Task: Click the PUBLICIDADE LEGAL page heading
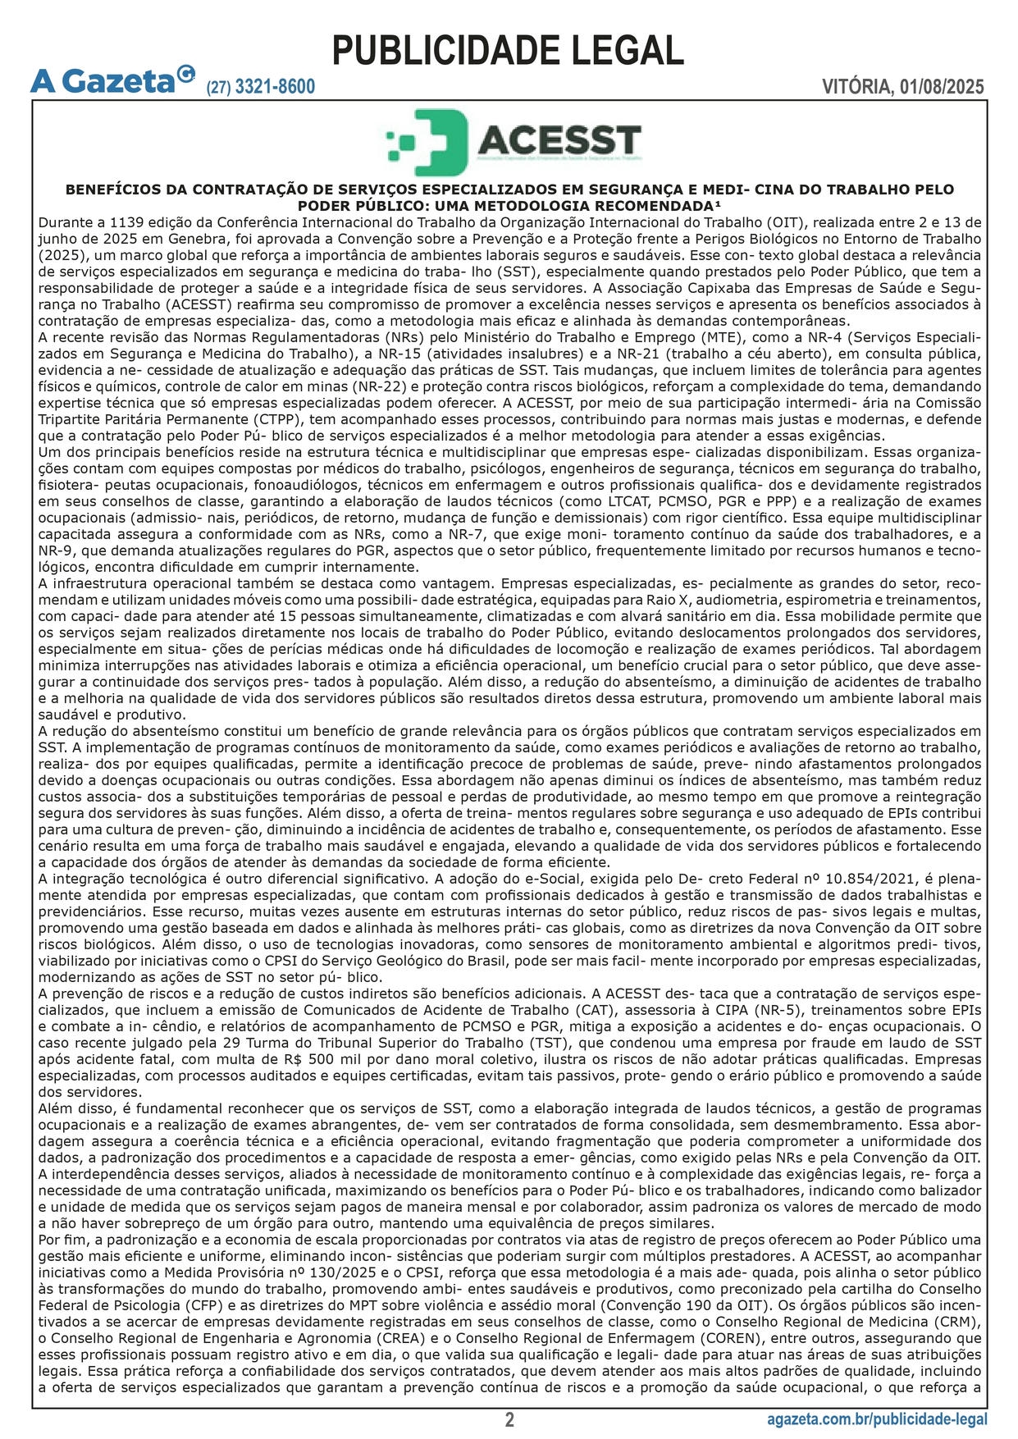pos(508,51)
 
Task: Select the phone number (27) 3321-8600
pos(260,87)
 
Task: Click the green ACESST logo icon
pos(427,142)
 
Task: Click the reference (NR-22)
pos(374,386)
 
